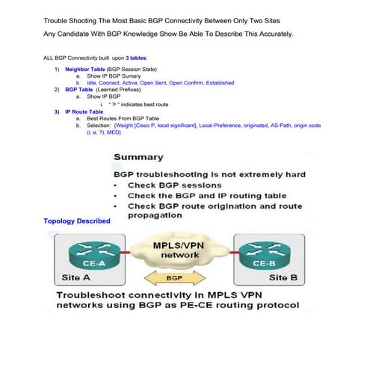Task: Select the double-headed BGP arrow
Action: point(175,279)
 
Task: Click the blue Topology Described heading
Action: point(77,221)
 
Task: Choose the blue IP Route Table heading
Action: point(84,111)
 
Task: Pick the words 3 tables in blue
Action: point(136,57)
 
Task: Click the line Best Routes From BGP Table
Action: point(123,118)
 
